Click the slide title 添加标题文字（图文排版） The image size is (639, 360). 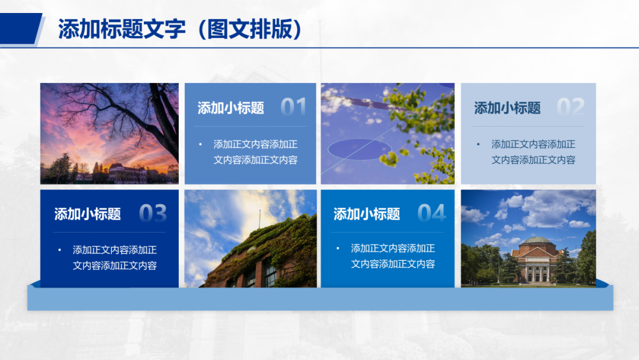click(x=180, y=30)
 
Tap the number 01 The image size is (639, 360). click(x=293, y=107)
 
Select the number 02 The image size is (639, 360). click(x=570, y=107)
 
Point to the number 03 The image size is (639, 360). click(x=153, y=213)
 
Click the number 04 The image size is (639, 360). click(x=432, y=213)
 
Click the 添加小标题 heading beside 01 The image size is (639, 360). click(x=231, y=108)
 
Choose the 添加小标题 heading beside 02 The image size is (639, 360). click(x=508, y=108)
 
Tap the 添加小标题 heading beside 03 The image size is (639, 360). click(x=87, y=214)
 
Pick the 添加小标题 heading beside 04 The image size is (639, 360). click(x=367, y=214)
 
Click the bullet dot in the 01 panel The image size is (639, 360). click(x=201, y=144)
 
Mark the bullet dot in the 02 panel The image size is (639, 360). click(x=479, y=144)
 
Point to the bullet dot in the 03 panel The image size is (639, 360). click(x=60, y=250)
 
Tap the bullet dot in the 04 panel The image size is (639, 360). click(x=338, y=248)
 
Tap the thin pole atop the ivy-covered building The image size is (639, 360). click(x=260, y=219)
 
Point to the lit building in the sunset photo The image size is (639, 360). click(x=127, y=173)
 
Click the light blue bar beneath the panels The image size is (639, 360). click(x=320, y=299)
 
